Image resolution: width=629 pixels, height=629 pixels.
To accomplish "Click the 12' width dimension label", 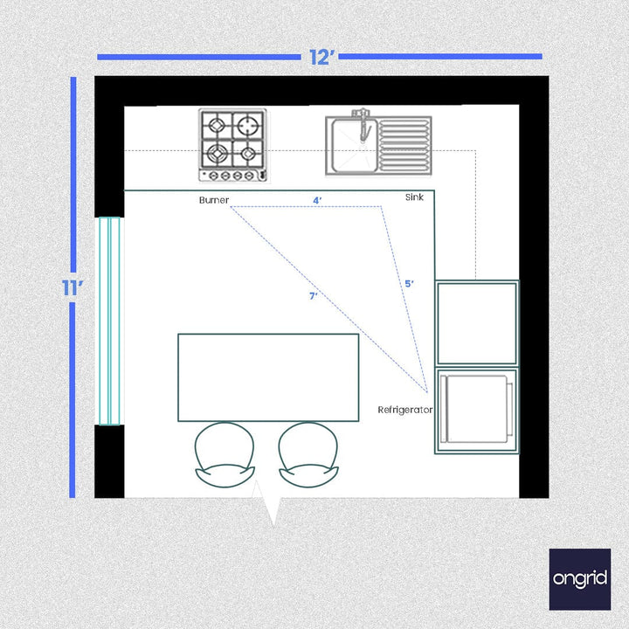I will coord(321,58).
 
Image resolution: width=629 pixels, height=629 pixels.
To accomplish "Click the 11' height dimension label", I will coord(72,289).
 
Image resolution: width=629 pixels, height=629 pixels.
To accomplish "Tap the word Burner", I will coord(213,200).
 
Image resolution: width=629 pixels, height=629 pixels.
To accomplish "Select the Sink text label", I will coord(414,197).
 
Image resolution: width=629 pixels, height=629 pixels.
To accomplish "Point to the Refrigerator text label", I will coord(404,409).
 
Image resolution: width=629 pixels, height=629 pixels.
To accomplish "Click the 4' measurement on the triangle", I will coord(317,200).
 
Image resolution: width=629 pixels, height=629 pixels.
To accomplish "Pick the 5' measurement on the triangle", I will coord(409,284).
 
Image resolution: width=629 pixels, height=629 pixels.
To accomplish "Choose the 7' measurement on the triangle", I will coord(313,296).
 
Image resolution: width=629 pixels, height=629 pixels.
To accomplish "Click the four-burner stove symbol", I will coord(232,145).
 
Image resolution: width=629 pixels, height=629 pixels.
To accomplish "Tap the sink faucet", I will coord(361,122).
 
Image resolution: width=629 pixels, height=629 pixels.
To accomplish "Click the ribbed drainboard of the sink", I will coord(405,145).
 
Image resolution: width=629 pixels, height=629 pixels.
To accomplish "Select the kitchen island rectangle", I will coord(268,377).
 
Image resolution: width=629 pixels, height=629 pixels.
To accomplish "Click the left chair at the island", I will coord(225,454).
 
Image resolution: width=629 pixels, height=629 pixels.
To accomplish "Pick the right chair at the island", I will coord(308,454).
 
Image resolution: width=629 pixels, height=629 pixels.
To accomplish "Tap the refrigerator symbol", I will coord(477,409).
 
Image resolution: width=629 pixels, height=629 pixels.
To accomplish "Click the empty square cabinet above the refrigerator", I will coord(477,322).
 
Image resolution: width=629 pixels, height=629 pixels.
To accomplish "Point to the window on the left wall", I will coord(109,321).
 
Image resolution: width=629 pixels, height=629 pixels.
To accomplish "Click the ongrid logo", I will coord(580,578).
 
